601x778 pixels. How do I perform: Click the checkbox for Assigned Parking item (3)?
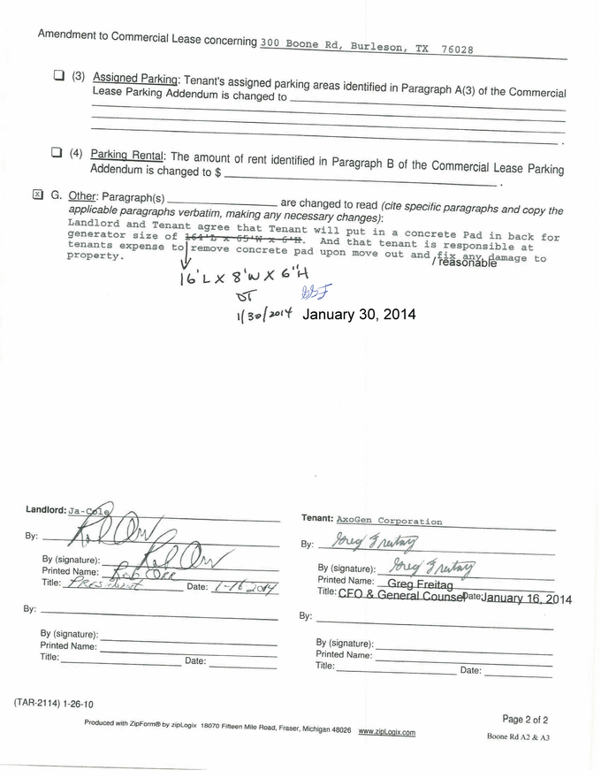coord(59,75)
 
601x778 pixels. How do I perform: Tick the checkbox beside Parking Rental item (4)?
coord(57,153)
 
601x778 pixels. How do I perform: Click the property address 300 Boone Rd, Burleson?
coord(367,47)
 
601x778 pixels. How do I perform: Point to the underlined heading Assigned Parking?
coord(135,79)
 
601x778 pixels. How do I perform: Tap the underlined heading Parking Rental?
coord(128,156)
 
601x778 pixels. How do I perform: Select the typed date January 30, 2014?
coord(358,314)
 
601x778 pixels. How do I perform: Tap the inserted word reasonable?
coord(467,262)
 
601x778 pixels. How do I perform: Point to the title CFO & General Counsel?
coord(399,597)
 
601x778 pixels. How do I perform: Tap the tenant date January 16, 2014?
coord(527,599)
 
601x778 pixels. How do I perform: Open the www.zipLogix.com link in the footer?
coord(387,732)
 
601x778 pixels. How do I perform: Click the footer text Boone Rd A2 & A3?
coord(518,736)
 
